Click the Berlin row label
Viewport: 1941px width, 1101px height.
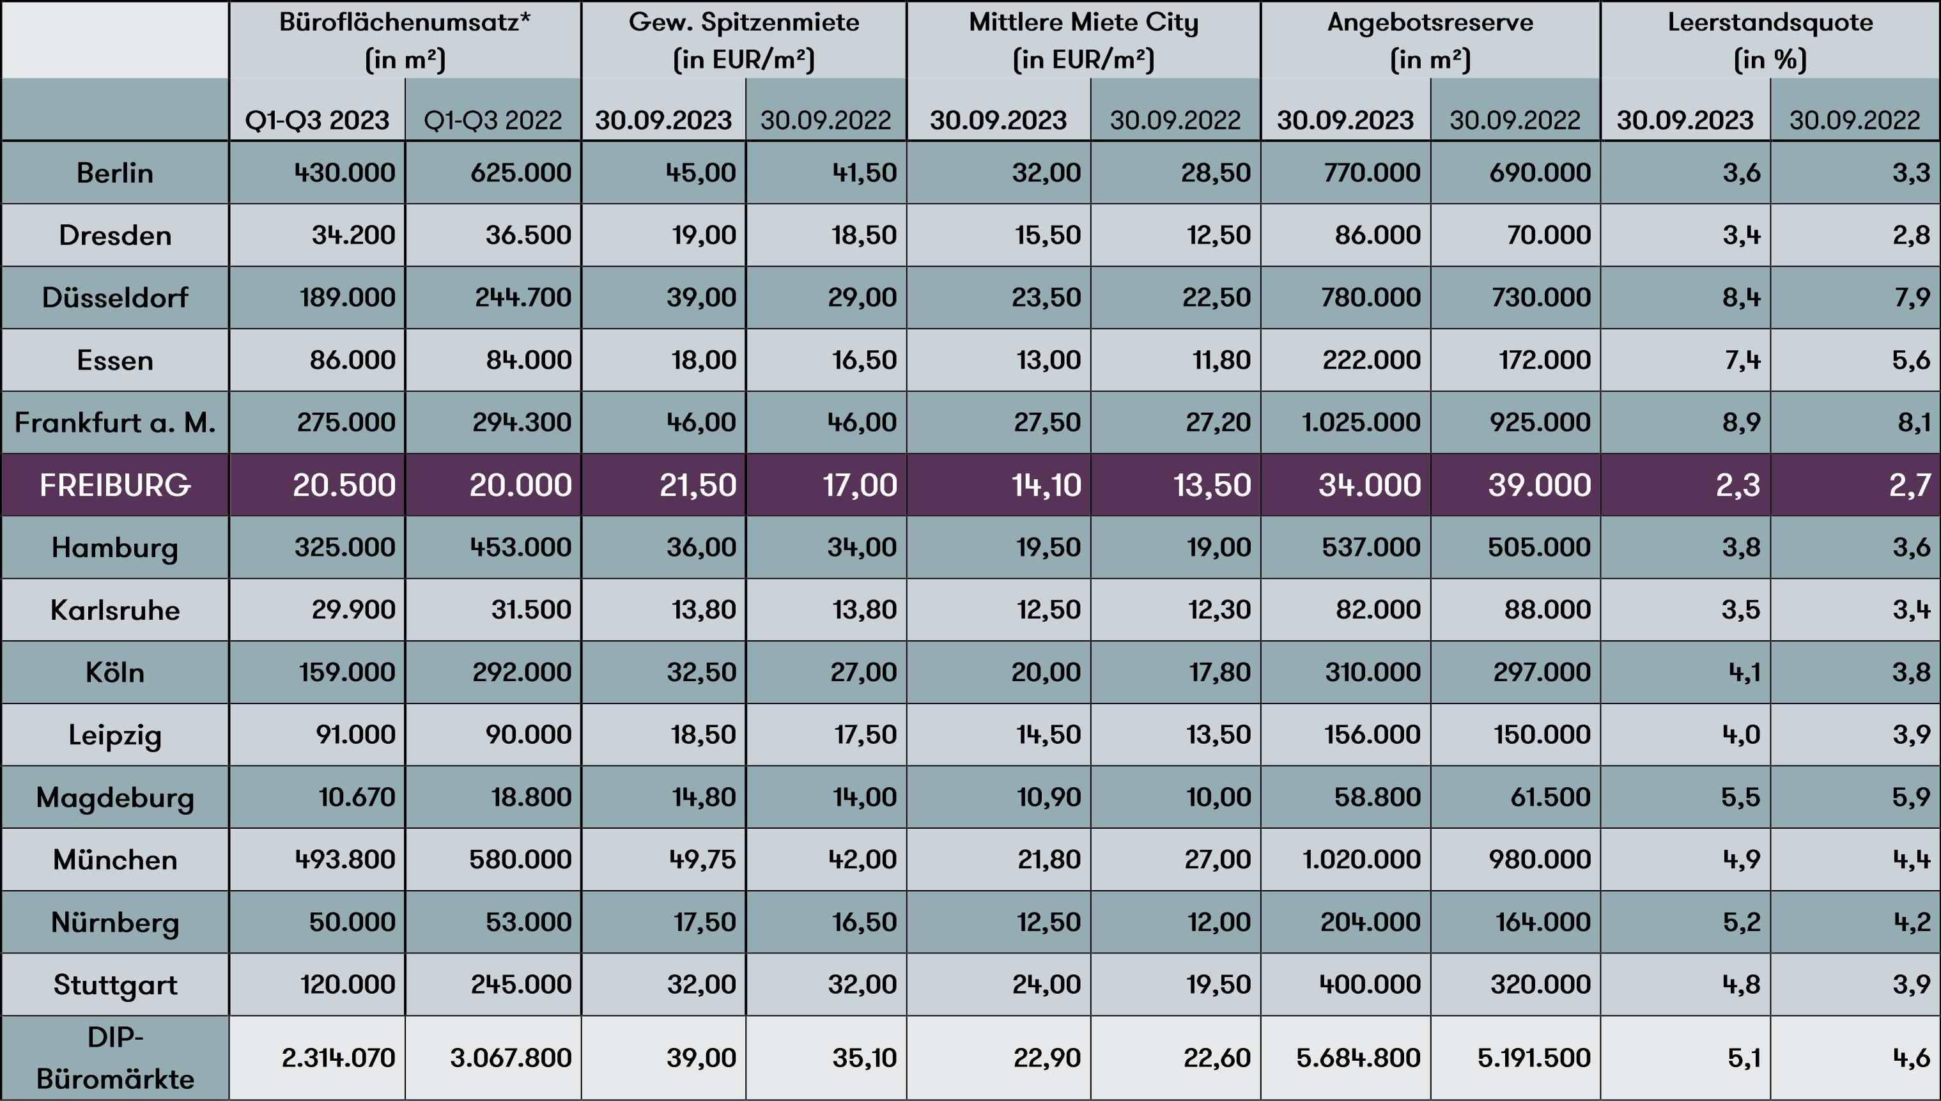pyautogui.click(x=115, y=173)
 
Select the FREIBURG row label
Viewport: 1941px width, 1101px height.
pyautogui.click(x=115, y=485)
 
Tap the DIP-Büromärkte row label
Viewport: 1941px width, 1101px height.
pyautogui.click(x=115, y=1057)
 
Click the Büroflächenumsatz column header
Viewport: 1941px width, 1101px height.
pyautogui.click(x=405, y=40)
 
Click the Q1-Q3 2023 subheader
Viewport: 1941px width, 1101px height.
pyautogui.click(x=317, y=119)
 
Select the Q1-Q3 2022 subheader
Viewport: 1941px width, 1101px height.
pyautogui.click(x=492, y=119)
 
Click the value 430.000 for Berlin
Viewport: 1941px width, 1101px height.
pyautogui.click(x=344, y=173)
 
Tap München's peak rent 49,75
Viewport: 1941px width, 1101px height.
pyautogui.click(x=702, y=859)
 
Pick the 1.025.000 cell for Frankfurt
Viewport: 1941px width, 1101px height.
pyautogui.click(x=1360, y=422)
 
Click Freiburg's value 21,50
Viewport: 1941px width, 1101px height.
pyautogui.click(x=697, y=485)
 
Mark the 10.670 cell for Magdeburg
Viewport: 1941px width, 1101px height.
pyautogui.click(x=356, y=797)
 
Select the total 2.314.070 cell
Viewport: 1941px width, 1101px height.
pyautogui.click(x=338, y=1057)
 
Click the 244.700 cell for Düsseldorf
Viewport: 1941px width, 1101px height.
pyautogui.click(x=523, y=297)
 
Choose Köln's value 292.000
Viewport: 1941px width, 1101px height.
pyautogui.click(x=521, y=672)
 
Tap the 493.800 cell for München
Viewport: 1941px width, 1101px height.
pyautogui.click(x=344, y=859)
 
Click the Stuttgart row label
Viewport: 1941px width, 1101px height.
pyautogui.click(x=115, y=985)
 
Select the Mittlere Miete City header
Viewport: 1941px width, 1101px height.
pyautogui.click(x=1083, y=40)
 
